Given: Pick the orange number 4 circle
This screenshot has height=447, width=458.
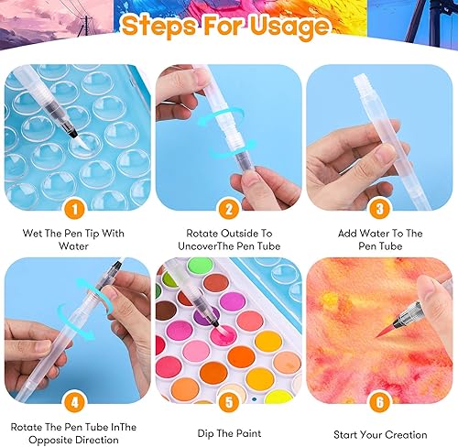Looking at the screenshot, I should (76, 401).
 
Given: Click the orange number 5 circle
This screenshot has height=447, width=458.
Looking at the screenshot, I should (229, 401).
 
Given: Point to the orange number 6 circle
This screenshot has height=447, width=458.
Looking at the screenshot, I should (381, 401).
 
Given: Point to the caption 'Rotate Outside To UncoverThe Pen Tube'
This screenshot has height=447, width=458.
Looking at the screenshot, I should (229, 239).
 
